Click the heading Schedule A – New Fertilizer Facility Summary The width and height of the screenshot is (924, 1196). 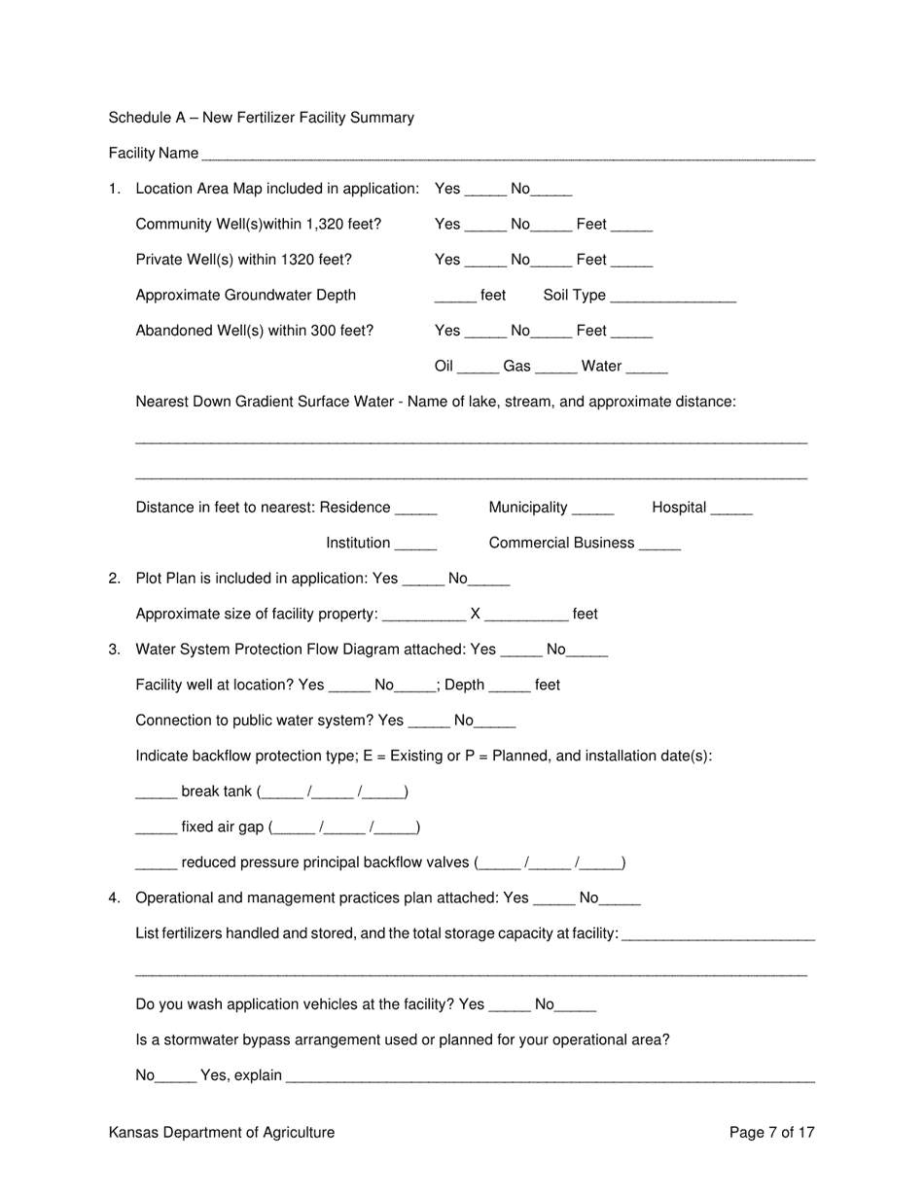pyautogui.click(x=261, y=118)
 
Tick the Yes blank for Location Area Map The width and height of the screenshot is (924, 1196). pyautogui.click(x=485, y=191)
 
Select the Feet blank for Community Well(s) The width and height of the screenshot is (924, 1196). pyautogui.click(x=632, y=227)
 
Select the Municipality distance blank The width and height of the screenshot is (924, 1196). pyautogui.click(x=593, y=510)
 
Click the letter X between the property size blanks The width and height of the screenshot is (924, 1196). pyautogui.click(x=476, y=615)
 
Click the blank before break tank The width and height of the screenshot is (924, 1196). pyautogui.click(x=156, y=793)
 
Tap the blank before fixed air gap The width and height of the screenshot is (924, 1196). pyautogui.click(x=156, y=829)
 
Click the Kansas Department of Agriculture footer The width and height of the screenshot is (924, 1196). pyautogui.click(x=222, y=1132)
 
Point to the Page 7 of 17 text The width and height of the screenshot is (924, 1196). pyautogui.click(x=771, y=1132)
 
